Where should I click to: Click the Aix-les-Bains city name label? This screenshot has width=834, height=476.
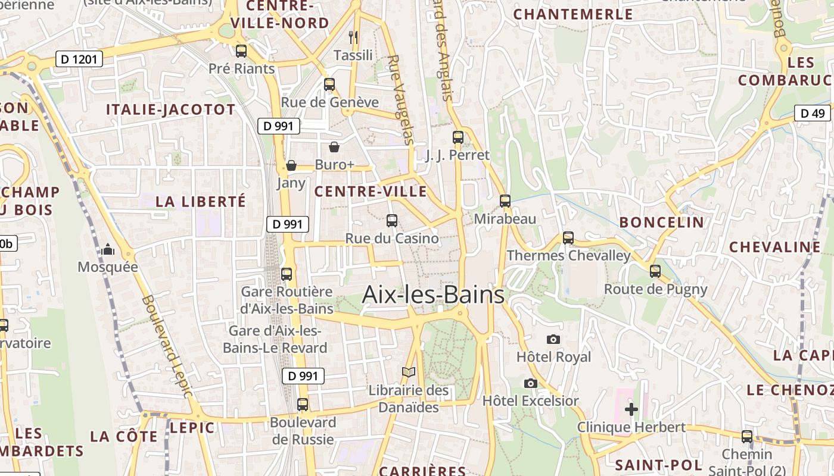pyautogui.click(x=433, y=295)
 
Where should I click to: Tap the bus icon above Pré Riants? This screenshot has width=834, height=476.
pyautogui.click(x=241, y=51)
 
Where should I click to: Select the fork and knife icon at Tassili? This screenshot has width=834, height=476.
pyautogui.click(x=353, y=37)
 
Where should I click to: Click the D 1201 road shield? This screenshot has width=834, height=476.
pyautogui.click(x=79, y=59)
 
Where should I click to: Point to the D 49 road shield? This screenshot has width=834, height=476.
pyautogui.click(x=813, y=113)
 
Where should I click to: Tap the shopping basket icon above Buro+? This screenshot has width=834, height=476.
pyautogui.click(x=334, y=147)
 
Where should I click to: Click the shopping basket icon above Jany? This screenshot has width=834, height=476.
pyautogui.click(x=291, y=165)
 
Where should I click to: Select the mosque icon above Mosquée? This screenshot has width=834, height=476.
pyautogui.click(x=108, y=249)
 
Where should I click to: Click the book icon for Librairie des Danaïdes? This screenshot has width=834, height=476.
pyautogui.click(x=408, y=372)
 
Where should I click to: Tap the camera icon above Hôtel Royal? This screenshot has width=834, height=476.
pyautogui.click(x=553, y=339)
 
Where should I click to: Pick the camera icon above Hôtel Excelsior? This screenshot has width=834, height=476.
pyautogui.click(x=530, y=383)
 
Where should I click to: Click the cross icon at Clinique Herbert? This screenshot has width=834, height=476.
pyautogui.click(x=631, y=409)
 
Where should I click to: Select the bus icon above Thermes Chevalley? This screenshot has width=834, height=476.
pyautogui.click(x=568, y=238)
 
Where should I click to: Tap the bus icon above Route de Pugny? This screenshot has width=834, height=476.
pyautogui.click(x=655, y=271)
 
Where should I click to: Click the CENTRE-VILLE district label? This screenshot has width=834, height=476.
pyautogui.click(x=371, y=192)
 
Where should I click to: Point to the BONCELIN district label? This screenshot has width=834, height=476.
pyautogui.click(x=661, y=223)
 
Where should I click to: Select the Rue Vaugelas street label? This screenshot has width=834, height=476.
pyautogui.click(x=400, y=100)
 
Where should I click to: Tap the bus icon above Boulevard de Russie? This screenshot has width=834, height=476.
pyautogui.click(x=303, y=405)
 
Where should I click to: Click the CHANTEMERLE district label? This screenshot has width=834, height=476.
pyautogui.click(x=573, y=14)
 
